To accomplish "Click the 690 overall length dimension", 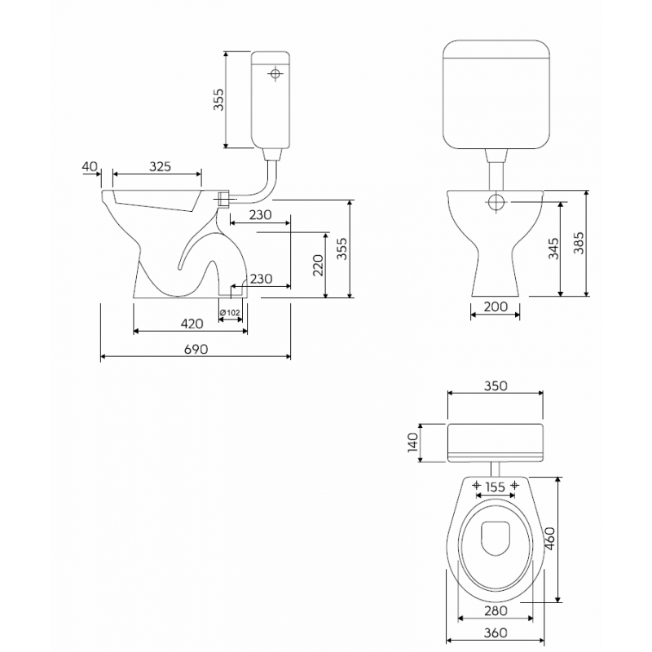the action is click(196, 349).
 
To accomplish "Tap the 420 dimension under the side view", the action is click(192, 324).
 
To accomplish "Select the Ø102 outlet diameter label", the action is click(230, 312).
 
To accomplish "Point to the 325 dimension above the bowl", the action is click(160, 166).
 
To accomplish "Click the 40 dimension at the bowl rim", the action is click(90, 166).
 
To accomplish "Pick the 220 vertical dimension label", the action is click(318, 266).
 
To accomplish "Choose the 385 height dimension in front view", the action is click(579, 243).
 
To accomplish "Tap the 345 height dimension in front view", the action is click(553, 249).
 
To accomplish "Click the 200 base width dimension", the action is click(496, 306).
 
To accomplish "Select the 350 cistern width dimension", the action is click(496, 385).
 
